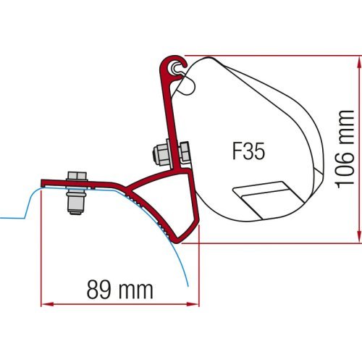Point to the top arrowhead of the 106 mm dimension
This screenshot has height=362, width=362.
pyautogui.click(x=358, y=59)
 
